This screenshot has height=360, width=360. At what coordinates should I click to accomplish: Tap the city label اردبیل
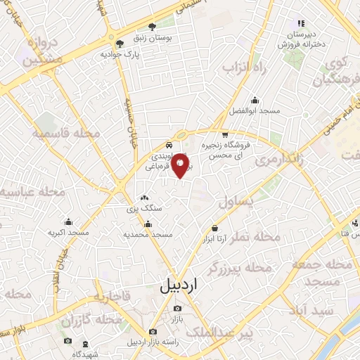pyautogui.click(x=176, y=286)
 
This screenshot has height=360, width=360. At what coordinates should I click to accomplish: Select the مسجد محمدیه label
pyautogui.click(x=148, y=233)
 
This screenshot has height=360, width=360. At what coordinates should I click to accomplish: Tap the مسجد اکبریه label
pyautogui.click(x=68, y=232)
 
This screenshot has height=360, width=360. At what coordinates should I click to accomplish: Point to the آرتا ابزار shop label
pyautogui.click(x=214, y=240)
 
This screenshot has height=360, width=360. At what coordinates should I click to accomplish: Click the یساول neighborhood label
pyautogui.click(x=235, y=202)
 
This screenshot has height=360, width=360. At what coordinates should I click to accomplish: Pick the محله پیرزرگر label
pyautogui.click(x=239, y=267)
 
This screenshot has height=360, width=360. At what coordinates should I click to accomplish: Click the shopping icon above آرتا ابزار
pyautogui.click(x=214, y=228)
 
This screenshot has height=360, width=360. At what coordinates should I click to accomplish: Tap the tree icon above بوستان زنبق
pyautogui.click(x=153, y=25)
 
